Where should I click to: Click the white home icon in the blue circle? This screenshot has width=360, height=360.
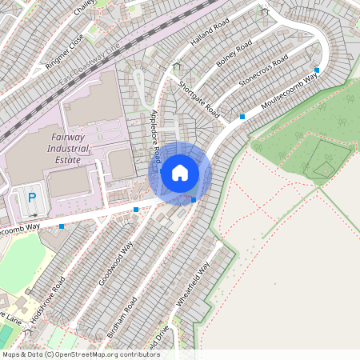pyautogui.click(x=180, y=173)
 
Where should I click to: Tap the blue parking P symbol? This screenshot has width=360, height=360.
pyautogui.click(x=32, y=198)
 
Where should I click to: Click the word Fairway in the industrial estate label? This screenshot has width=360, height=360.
pyautogui.click(x=54, y=137)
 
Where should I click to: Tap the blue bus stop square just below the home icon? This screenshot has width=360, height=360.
pyautogui.click(x=194, y=199)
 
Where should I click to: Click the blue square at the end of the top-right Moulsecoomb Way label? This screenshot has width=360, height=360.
pyautogui.click(x=318, y=70)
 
